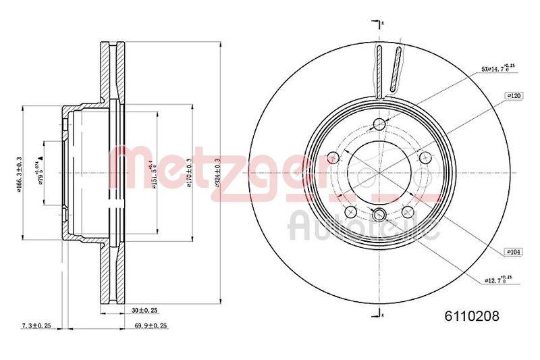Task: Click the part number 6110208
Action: click(x=470, y=314)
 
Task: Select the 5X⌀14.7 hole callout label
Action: click(x=497, y=68)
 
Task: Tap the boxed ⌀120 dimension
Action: click(x=514, y=97)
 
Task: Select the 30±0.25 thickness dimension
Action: click(x=144, y=310)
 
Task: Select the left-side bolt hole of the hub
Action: click(x=332, y=158)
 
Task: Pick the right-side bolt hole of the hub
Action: click(x=425, y=157)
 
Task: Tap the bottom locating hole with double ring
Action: click(x=379, y=215)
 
